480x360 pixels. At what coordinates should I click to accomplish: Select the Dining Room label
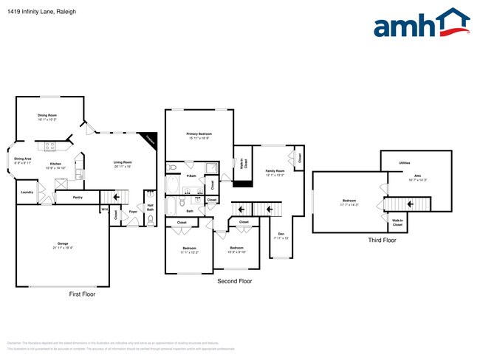[x=48, y=115]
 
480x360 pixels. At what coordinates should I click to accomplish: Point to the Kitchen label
[x=56, y=164]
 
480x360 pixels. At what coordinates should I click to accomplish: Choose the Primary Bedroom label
[x=199, y=134]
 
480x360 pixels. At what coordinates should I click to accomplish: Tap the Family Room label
[x=275, y=170]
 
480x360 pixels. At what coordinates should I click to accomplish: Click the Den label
[x=279, y=235]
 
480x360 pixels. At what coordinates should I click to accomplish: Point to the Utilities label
[x=405, y=162]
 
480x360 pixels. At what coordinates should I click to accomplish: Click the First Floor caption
[x=82, y=294]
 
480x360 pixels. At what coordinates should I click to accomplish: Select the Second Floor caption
[x=235, y=281]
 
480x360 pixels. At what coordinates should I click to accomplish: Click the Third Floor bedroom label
[x=349, y=201]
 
